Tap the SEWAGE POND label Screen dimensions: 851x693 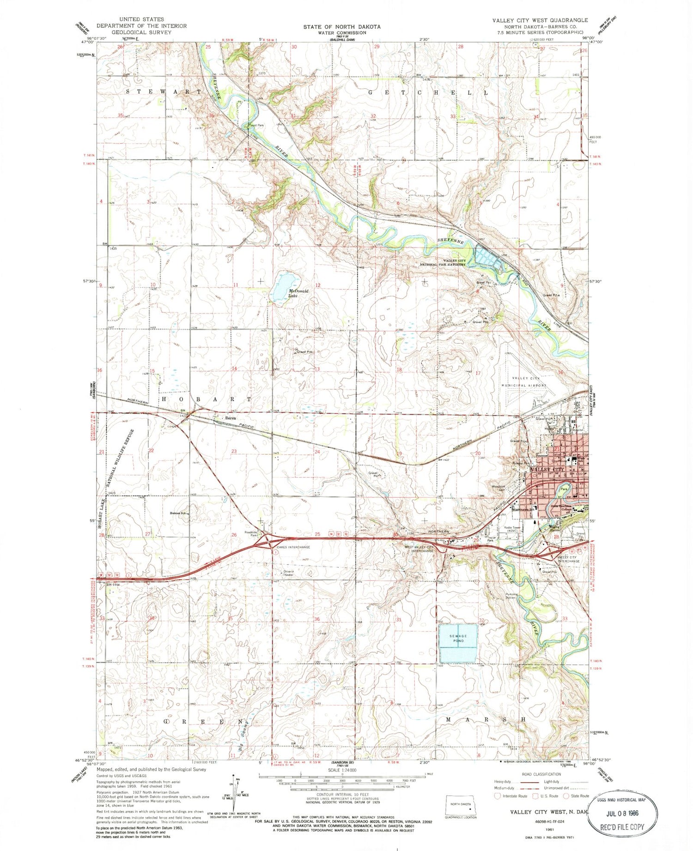(x=458, y=639)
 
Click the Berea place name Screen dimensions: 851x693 (x=230, y=418)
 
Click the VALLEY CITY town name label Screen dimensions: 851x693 (x=548, y=469)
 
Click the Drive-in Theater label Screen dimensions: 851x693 (x=289, y=573)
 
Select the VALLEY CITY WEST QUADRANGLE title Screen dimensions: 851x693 (x=540, y=20)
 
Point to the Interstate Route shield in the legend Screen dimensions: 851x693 (x=498, y=796)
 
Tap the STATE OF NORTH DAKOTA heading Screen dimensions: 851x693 (x=342, y=27)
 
